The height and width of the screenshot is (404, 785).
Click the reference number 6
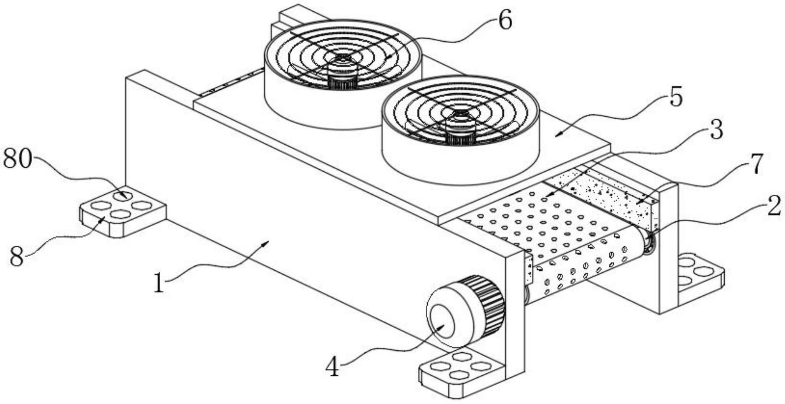[504, 20]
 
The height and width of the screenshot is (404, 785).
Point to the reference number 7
[754, 164]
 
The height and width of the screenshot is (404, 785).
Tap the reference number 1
[159, 282]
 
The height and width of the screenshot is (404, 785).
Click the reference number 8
[17, 256]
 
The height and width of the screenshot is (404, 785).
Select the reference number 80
[17, 159]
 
